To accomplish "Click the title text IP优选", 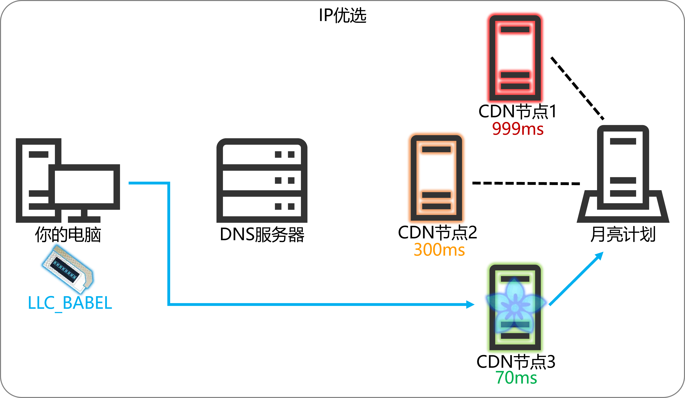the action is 343,15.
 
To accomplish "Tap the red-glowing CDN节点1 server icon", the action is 515,58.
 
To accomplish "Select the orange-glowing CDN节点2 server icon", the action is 436,178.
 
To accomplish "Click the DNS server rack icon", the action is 262,180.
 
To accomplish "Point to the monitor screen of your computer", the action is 84,187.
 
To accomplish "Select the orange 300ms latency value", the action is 439,249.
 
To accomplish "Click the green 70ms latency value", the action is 516,378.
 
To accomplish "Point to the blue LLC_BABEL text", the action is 70,303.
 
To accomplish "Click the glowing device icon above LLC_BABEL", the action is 68,269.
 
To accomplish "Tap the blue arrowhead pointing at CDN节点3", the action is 470,304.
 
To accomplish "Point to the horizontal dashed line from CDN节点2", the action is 526,183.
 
